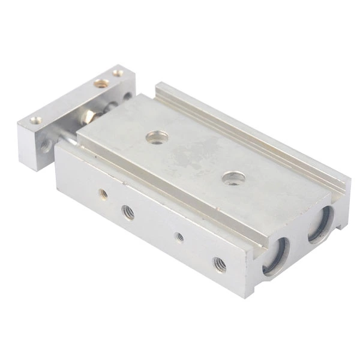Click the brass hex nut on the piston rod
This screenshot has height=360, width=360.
pyautogui.click(x=89, y=116)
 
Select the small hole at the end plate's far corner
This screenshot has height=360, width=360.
pyautogui.click(x=118, y=73)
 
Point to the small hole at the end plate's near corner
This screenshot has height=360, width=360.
pyautogui.click(x=37, y=120)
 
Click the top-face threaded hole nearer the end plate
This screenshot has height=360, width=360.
pyautogui.click(x=156, y=139)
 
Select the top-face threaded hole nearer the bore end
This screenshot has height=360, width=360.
pyautogui.click(x=233, y=178)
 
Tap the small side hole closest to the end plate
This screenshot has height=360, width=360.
pyautogui.click(x=103, y=194)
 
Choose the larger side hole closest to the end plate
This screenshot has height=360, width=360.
pyautogui.click(x=128, y=211)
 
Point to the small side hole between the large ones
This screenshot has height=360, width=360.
pyautogui.click(x=179, y=236)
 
